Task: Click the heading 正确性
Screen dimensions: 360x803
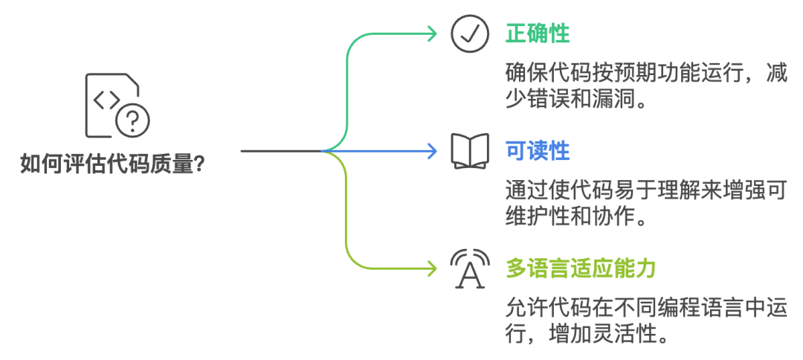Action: (538, 33)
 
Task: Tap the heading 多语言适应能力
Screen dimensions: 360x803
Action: (581, 268)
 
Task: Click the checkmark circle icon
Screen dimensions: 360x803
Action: (470, 34)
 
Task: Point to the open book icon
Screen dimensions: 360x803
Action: (470, 151)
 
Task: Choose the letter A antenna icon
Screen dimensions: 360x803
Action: (470, 269)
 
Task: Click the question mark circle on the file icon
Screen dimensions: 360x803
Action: (133, 119)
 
